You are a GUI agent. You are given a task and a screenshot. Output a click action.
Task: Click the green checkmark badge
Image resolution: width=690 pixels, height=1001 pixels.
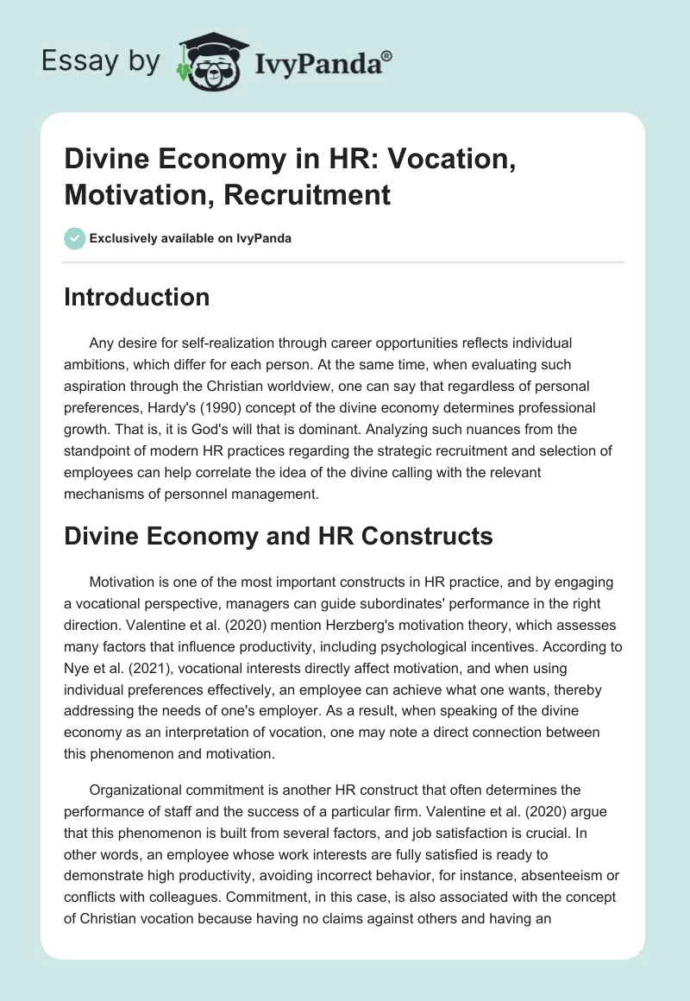(75, 238)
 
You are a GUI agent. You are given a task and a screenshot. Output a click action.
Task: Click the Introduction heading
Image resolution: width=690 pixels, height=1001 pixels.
(137, 298)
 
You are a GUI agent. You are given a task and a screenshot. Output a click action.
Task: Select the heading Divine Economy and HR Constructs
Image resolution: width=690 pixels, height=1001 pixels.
(279, 536)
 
